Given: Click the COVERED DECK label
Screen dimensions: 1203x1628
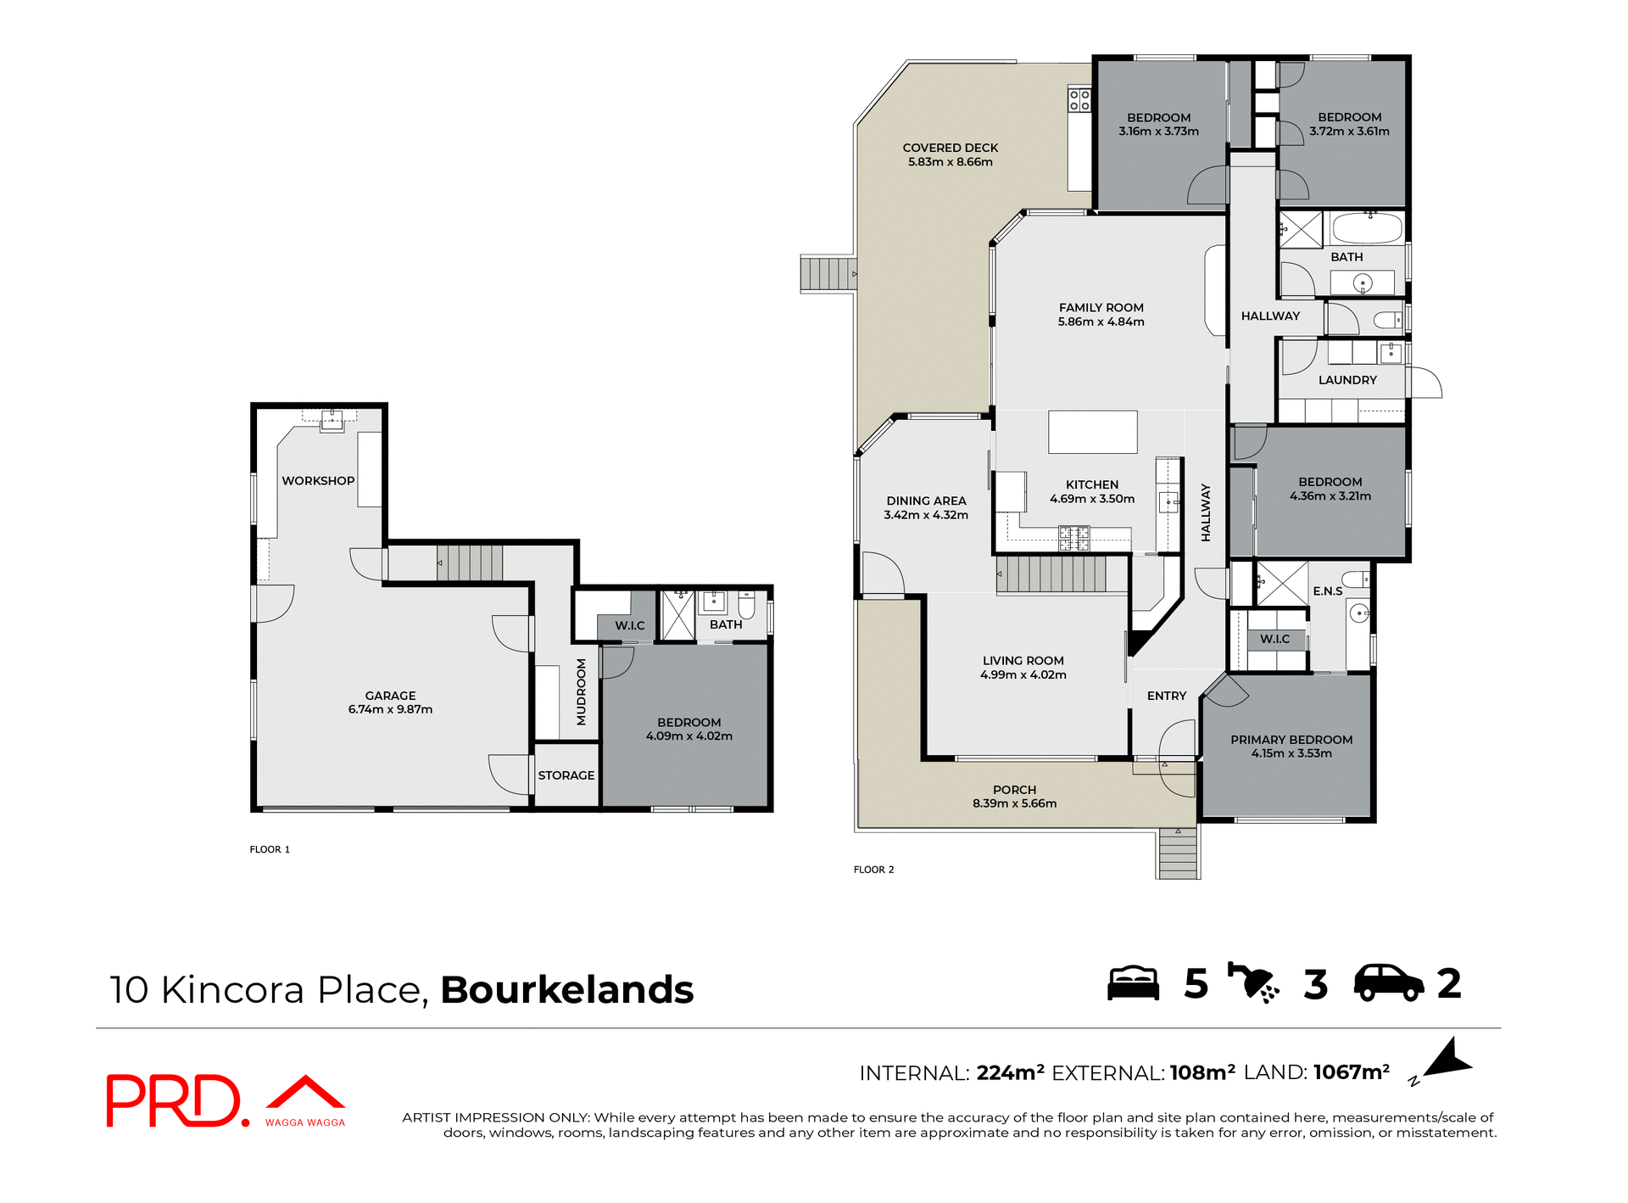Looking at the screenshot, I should click(950, 148).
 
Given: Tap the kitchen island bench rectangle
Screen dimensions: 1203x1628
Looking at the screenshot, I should click(1092, 432).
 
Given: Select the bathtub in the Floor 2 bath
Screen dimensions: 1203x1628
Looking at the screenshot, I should click(1367, 228).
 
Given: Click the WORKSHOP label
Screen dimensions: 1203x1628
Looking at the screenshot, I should click(318, 481).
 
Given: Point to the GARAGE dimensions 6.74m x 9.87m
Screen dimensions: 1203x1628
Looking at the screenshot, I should click(390, 709).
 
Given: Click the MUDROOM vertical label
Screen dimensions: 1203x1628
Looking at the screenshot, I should click(581, 691).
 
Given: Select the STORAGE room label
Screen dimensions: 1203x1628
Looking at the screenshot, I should click(566, 775).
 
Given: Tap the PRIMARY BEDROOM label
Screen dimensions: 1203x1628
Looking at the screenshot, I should click(1291, 740).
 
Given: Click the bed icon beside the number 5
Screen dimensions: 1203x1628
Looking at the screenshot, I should click(1133, 983).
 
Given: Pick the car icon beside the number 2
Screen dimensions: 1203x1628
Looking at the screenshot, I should click(1388, 983).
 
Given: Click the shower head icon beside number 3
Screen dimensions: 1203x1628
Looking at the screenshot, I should click(1252, 983).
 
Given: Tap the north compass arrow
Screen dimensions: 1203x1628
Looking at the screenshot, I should click(1448, 1060).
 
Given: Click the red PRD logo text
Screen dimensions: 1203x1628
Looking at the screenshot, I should click(174, 1100).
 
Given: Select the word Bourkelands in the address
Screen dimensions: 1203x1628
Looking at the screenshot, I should click(566, 990).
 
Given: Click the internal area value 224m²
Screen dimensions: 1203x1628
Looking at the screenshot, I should click(1010, 1072).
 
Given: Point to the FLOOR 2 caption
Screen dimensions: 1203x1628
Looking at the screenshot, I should click(873, 870).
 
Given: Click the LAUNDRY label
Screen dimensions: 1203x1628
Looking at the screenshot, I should click(1346, 380).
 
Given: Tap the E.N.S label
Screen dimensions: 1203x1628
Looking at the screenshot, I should click(1327, 591).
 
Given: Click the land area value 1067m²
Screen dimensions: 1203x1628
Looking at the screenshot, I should click(1351, 1072).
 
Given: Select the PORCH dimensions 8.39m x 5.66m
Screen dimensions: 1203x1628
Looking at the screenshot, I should click(1014, 803).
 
